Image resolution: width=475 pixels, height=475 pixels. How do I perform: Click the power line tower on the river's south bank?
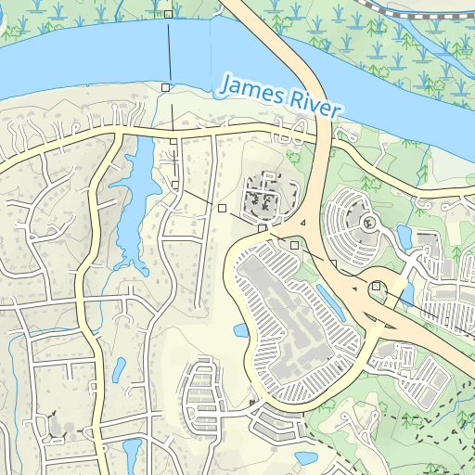(x=165, y=86)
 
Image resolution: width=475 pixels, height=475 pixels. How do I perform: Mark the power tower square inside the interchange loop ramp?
(x=375, y=288)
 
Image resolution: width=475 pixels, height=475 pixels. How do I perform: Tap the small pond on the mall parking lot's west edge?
(x=240, y=330)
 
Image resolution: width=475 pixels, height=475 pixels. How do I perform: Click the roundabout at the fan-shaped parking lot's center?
(x=368, y=223)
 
